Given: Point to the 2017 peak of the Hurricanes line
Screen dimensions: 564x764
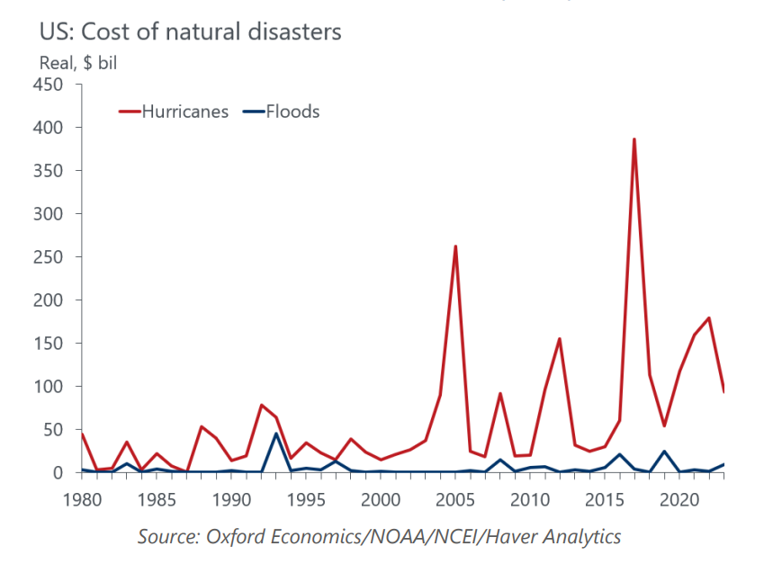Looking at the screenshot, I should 634,139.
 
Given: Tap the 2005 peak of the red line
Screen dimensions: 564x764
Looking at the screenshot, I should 455,246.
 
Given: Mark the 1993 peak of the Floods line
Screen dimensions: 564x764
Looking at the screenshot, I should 276,434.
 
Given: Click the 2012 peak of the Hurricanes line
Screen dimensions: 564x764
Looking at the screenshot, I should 559,339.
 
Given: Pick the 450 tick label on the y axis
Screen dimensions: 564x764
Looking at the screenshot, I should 48,85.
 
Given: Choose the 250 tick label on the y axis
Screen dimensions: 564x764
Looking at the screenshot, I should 48,257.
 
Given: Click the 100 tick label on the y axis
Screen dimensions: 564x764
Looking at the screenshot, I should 48,387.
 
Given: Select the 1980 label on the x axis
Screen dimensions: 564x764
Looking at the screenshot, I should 82,498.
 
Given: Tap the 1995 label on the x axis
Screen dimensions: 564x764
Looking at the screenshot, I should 306,498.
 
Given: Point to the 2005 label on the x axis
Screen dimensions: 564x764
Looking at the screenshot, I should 455,498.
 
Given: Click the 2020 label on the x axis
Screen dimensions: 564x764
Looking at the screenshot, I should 679,498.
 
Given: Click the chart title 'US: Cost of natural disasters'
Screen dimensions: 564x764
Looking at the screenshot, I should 190,32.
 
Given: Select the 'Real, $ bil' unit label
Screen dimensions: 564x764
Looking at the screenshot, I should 78,63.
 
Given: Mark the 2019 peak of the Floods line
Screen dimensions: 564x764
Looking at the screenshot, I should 664,452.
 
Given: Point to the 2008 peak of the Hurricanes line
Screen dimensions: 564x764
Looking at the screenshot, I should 499,394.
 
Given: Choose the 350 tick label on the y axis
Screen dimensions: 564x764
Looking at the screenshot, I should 48,171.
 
